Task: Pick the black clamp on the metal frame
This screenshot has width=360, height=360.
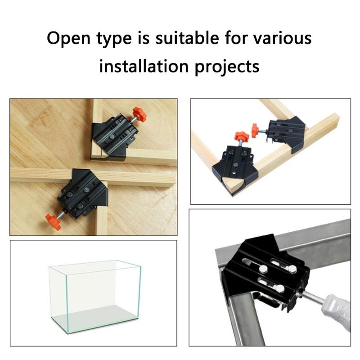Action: pyautogui.click(x=265, y=274)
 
